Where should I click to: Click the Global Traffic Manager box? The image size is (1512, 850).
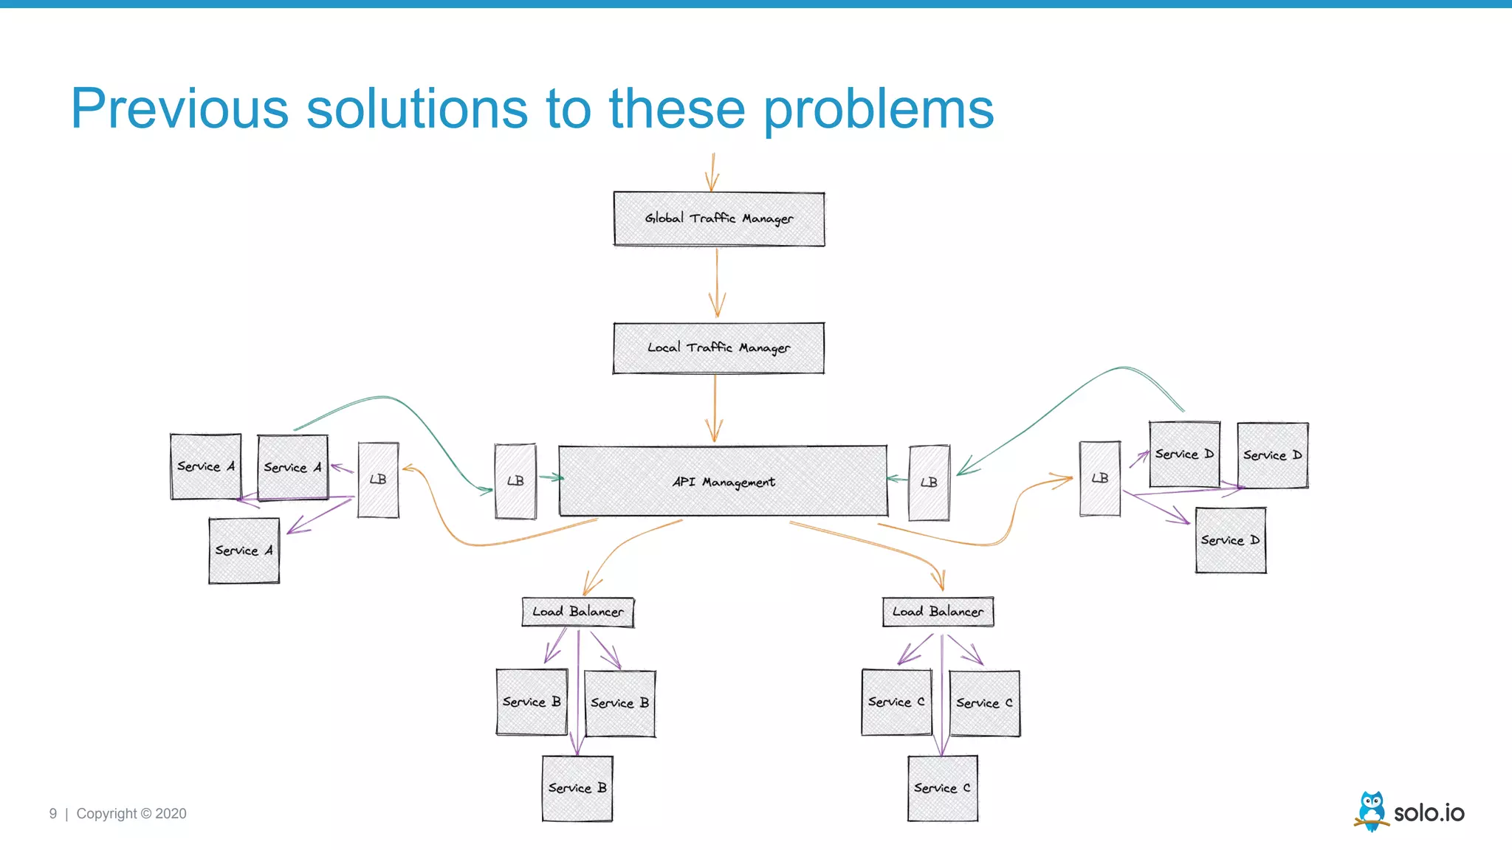click(718, 218)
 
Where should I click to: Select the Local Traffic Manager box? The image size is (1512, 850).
click(718, 348)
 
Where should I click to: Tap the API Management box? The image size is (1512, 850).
click(723, 481)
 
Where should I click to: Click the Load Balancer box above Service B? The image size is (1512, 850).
click(577, 612)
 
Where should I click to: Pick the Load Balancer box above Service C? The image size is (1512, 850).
click(938, 612)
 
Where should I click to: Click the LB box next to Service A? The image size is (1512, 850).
click(378, 480)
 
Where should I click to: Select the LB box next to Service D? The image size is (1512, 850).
click(1099, 478)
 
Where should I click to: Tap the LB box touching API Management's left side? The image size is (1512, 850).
click(515, 481)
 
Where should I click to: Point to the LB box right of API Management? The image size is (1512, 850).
click(929, 483)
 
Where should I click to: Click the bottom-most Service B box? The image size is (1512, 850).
click(577, 788)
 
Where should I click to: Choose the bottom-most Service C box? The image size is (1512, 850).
click(942, 788)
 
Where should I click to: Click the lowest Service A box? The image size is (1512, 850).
click(244, 550)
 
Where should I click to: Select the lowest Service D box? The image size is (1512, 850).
click(1230, 540)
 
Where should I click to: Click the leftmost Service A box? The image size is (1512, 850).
click(205, 466)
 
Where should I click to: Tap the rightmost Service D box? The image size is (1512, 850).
click(1272, 455)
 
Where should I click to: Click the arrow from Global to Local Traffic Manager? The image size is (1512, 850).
click(716, 284)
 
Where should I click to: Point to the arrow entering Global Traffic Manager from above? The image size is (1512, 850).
click(712, 173)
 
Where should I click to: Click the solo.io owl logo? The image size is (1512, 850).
click(1372, 812)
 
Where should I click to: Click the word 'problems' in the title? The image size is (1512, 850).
click(878, 109)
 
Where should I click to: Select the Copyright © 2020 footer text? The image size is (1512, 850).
click(131, 814)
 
